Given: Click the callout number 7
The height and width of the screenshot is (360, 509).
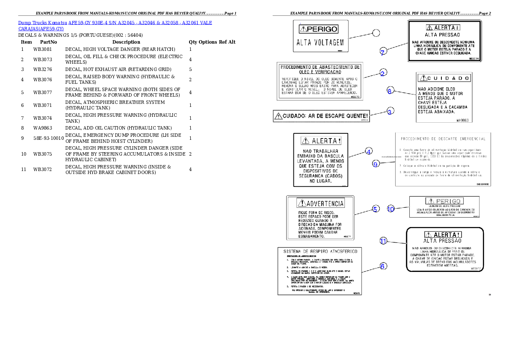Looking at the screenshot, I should pyautogui.click(x=383, y=52).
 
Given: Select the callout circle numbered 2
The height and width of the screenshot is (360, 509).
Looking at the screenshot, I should pyautogui.click(x=383, y=73).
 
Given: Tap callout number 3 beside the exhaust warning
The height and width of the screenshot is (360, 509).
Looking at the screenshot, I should pyautogui.click(x=390, y=111).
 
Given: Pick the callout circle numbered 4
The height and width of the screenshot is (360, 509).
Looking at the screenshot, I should pyautogui.click(x=369, y=151).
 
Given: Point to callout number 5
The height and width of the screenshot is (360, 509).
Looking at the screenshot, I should pyautogui.click(x=375, y=209).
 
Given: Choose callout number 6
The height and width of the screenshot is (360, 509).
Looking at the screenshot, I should pyautogui.click(x=383, y=266).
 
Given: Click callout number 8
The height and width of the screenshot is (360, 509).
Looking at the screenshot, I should pyautogui.click(x=390, y=91).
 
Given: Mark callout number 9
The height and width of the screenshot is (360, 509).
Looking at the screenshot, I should pyautogui.click(x=376, y=164).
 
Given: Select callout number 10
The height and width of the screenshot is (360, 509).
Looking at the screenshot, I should pyautogui.click(x=391, y=209).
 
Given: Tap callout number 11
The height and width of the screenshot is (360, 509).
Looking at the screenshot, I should pyautogui.click(x=384, y=241).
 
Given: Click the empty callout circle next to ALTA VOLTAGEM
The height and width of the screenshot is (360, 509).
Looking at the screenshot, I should pyautogui.click(x=376, y=32).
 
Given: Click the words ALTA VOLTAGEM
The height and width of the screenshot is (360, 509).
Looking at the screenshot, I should pyautogui.click(x=320, y=43).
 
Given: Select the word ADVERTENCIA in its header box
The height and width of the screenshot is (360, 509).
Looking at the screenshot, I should pyautogui.click(x=326, y=203).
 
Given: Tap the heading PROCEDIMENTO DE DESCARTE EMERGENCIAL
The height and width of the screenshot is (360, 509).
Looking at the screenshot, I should pyautogui.click(x=443, y=139).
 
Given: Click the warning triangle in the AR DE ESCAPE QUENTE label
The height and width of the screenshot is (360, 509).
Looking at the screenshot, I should pyautogui.click(x=278, y=116).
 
